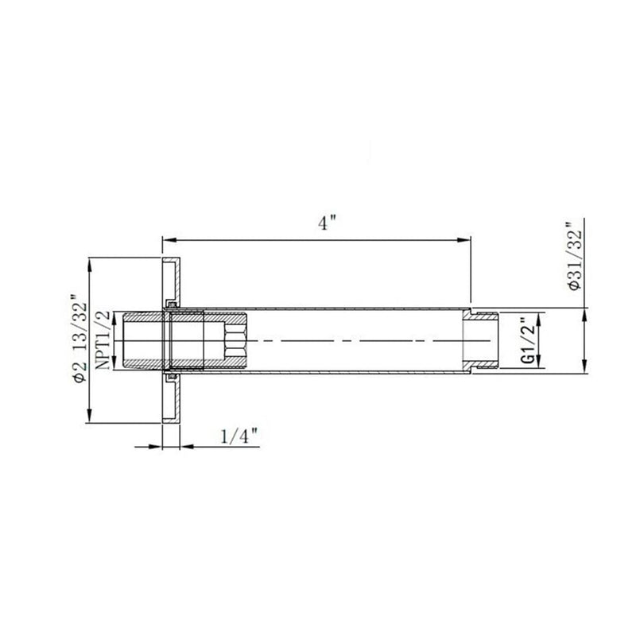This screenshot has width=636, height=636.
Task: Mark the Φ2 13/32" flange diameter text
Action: point(77,340)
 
